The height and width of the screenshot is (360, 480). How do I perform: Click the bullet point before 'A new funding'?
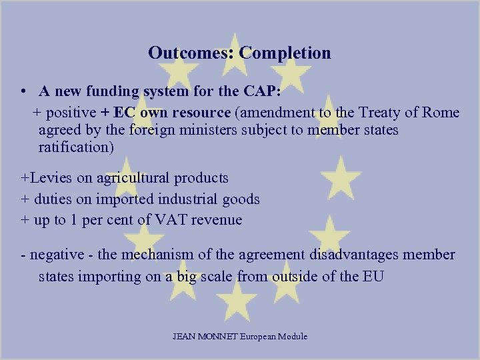pyautogui.click(x=23, y=91)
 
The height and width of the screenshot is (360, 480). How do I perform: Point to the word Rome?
pyautogui.click(x=440, y=112)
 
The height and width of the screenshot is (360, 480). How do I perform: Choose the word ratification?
pyautogui.click(x=77, y=147)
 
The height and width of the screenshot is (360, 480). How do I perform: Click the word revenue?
pyautogui.click(x=217, y=220)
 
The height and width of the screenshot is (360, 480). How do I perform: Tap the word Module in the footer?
pyautogui.click(x=293, y=337)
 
